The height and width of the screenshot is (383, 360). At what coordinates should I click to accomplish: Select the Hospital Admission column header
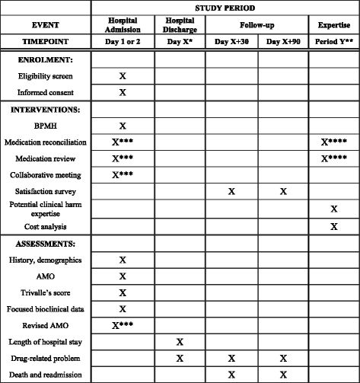click(123, 25)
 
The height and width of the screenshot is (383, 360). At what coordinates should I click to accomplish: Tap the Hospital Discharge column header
click(180, 25)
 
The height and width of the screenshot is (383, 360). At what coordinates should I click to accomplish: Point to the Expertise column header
click(333, 25)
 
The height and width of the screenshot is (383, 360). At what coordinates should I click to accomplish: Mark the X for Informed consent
click(123, 92)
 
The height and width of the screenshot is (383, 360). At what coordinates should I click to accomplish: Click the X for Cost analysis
click(333, 226)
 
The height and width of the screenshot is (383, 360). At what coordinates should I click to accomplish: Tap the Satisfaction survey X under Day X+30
click(231, 192)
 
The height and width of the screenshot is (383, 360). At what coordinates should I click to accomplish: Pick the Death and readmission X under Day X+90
click(283, 375)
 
